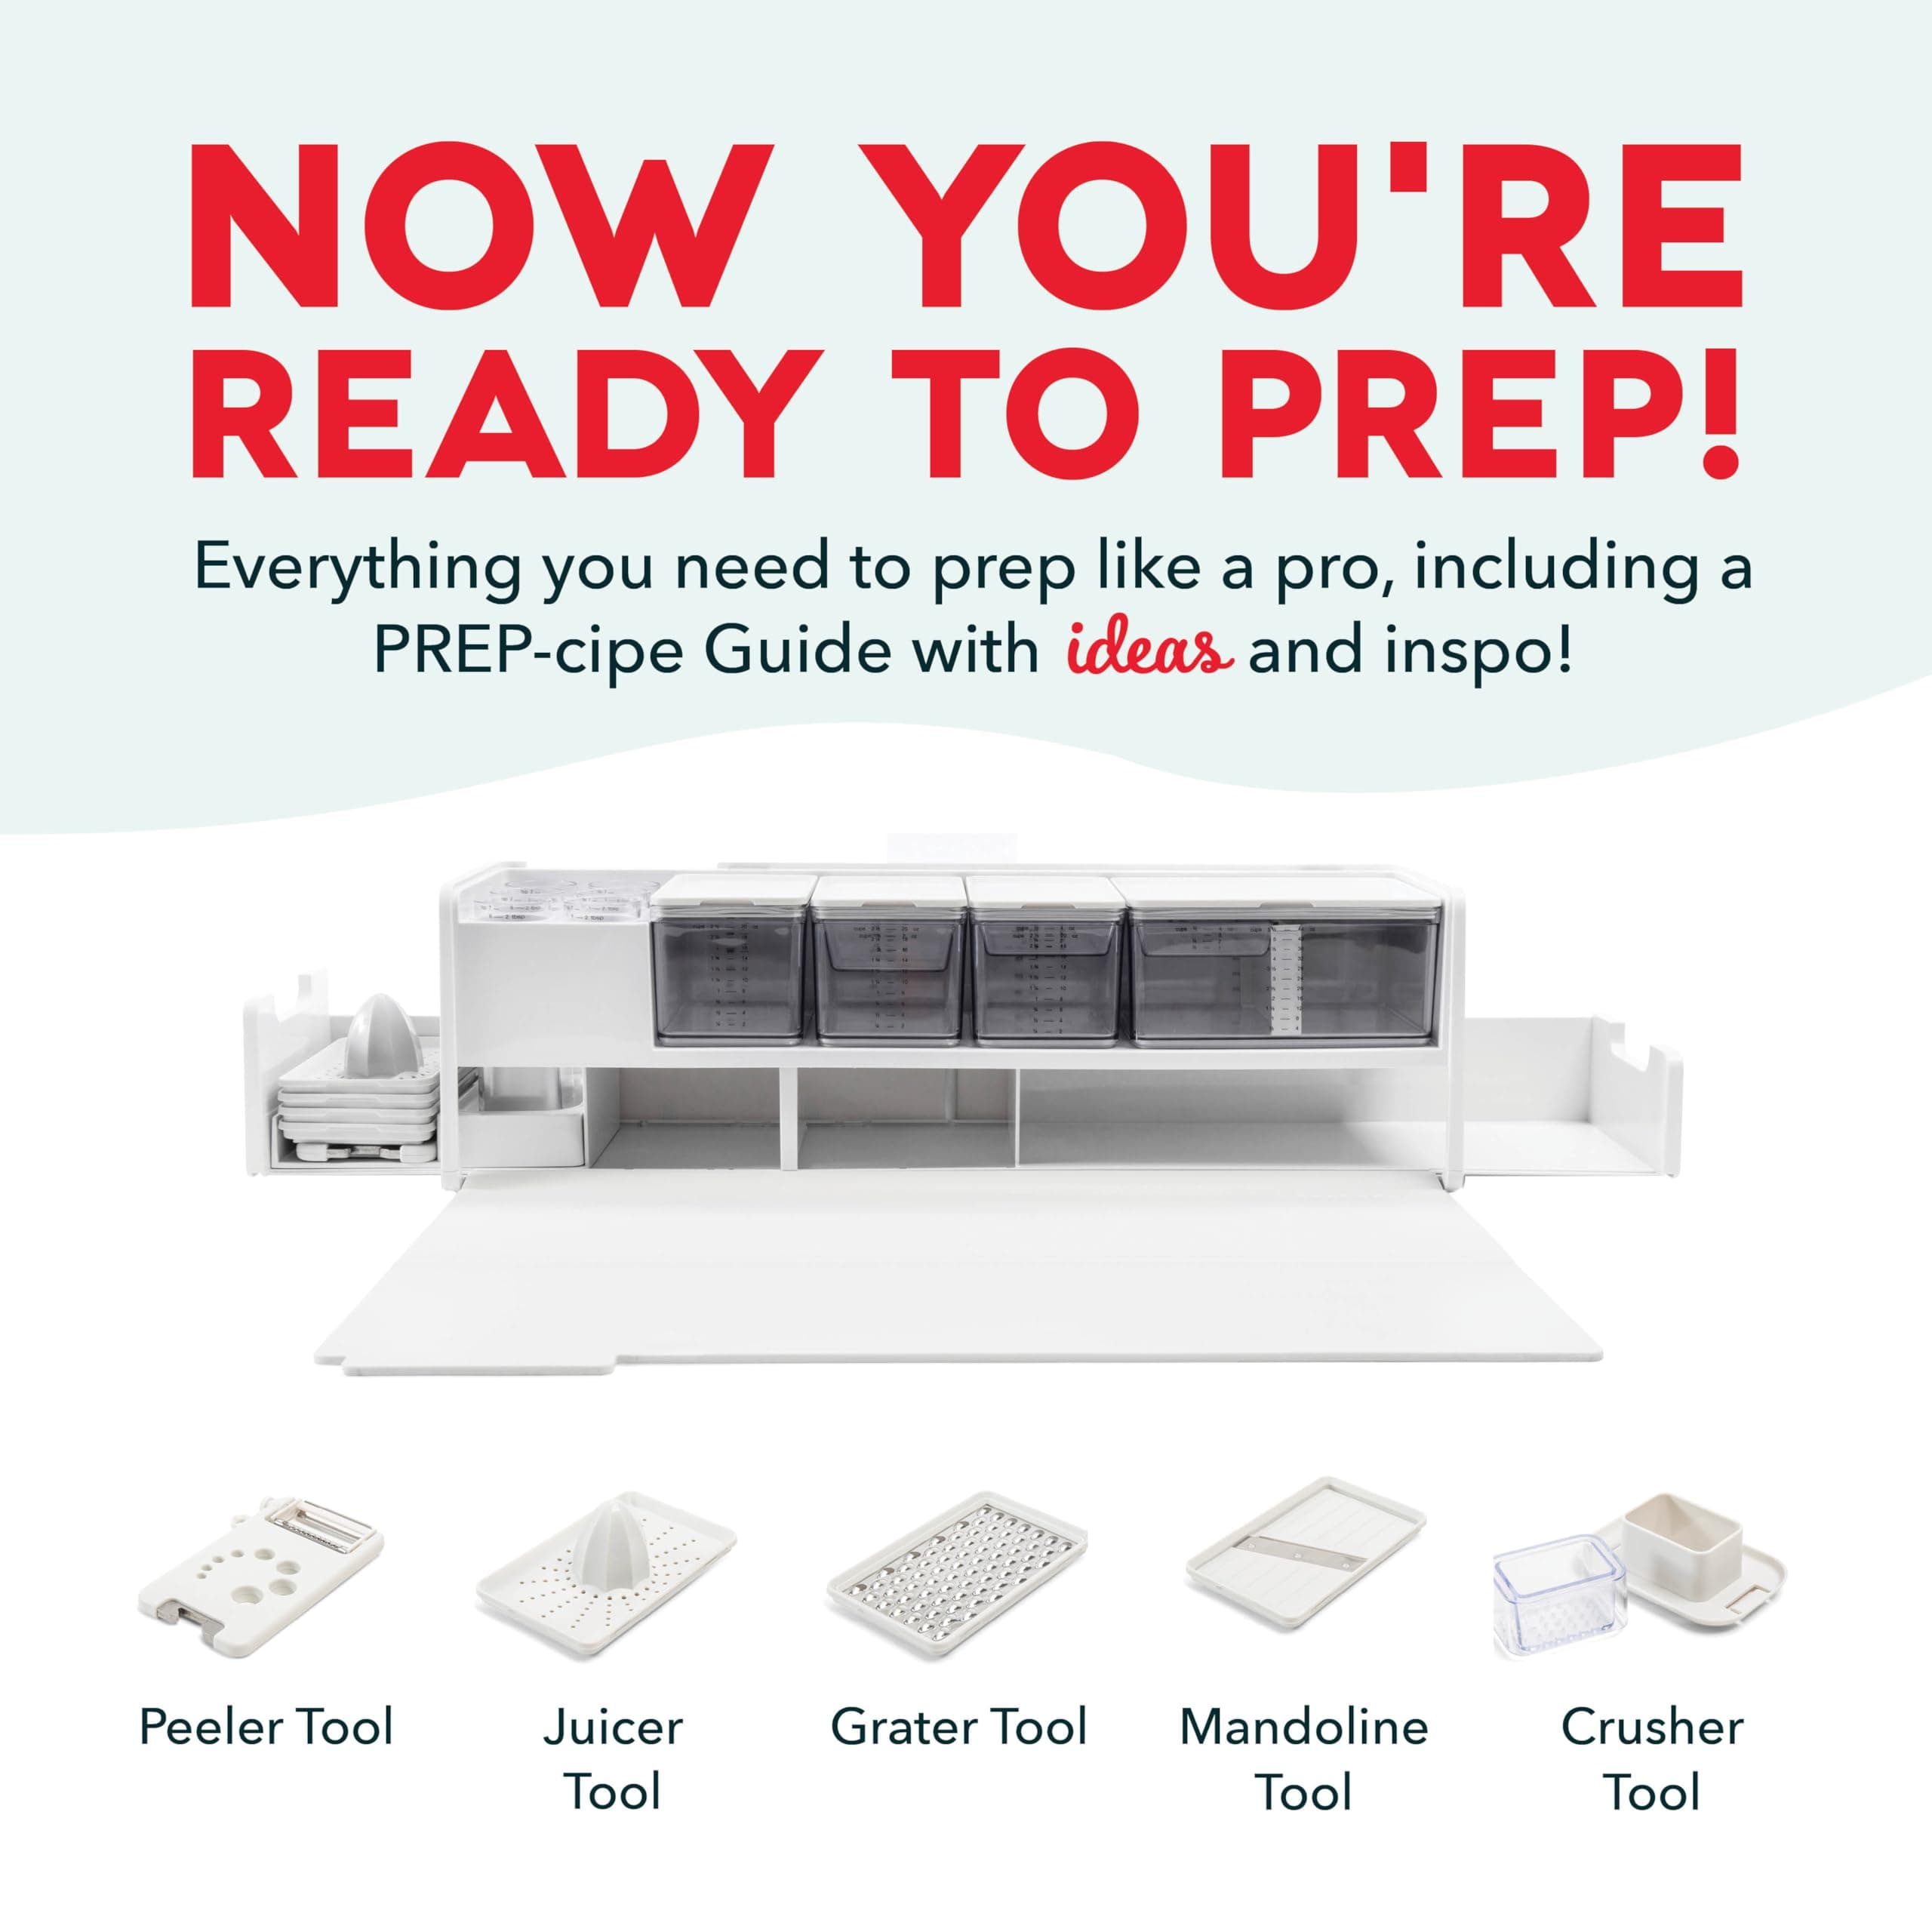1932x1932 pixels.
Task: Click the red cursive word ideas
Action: pyautogui.click(x=1148, y=652)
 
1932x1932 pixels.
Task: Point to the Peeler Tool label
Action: pyautogui.click(x=266, y=1726)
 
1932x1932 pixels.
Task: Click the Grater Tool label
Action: pyautogui.click(x=958, y=1726)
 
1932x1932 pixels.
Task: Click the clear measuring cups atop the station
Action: pyautogui.click(x=550, y=900)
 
